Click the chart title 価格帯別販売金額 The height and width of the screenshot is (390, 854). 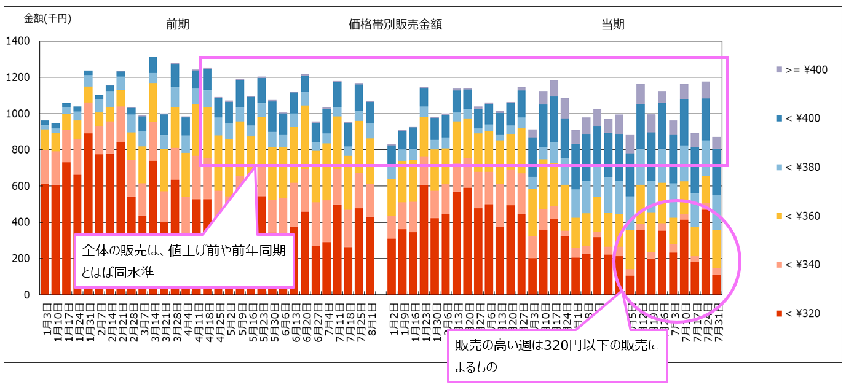[x=395, y=25]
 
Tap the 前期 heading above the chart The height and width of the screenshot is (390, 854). [x=178, y=25]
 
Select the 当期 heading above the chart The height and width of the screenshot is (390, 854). [x=613, y=25]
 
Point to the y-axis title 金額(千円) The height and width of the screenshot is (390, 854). [x=47, y=18]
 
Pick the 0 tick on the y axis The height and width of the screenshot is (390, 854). [x=27, y=295]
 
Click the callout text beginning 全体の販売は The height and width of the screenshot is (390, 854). [x=183, y=260]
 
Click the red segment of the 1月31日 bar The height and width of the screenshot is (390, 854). [x=89, y=215]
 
